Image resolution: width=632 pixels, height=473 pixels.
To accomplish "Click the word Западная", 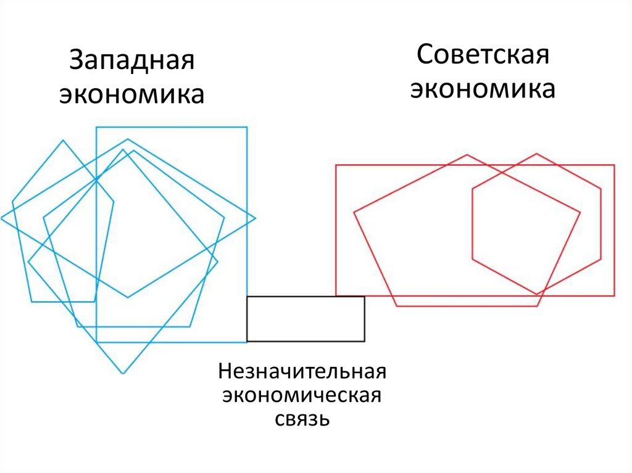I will tap(131, 62).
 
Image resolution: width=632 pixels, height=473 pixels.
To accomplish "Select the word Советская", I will tap(483, 56).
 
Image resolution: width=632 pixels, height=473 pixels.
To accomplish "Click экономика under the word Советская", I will tap(483, 89).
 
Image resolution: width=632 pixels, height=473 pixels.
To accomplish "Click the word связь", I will tap(302, 420).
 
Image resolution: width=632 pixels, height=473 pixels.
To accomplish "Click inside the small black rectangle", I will tap(306, 319).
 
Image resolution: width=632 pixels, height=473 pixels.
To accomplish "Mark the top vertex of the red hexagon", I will tap(537, 154).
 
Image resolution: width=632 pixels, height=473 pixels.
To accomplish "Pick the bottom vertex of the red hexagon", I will tap(537, 294).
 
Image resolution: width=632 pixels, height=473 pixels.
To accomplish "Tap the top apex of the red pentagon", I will tap(467, 155).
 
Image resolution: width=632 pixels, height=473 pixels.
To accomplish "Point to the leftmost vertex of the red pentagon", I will tap(354, 213).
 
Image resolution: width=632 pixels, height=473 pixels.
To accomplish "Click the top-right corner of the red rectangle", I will tap(615, 165).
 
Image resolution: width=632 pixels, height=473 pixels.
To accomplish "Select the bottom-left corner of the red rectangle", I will tap(336, 295).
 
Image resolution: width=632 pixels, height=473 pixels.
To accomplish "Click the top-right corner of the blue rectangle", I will tap(247, 127).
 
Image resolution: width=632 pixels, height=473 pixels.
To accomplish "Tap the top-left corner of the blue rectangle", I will tap(96, 127).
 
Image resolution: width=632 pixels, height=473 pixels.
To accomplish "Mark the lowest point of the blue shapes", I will tap(123, 374).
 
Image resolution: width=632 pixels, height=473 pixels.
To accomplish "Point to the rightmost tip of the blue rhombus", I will tap(256, 218).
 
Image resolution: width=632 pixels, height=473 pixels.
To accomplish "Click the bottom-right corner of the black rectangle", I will tap(364, 341).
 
